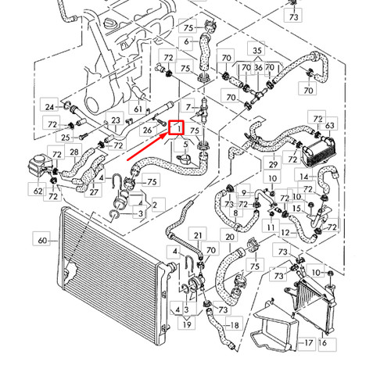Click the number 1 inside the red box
(178, 127)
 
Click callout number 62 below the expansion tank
(38, 189)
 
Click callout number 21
(198, 235)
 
